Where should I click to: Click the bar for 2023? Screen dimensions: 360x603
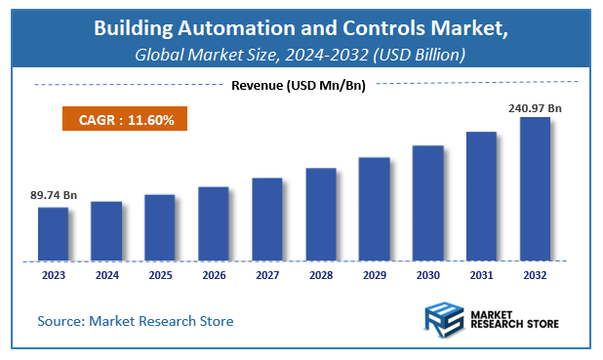tap(53, 233)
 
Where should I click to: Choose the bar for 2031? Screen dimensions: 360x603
tap(480, 195)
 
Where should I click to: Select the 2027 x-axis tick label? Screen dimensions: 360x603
tap(266, 276)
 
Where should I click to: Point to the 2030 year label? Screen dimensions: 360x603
tap(426, 276)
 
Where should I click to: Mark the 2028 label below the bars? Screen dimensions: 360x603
tap(320, 276)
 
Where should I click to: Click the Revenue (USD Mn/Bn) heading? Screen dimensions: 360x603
tap(299, 85)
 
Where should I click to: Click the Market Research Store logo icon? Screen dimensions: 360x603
tap(444, 320)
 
